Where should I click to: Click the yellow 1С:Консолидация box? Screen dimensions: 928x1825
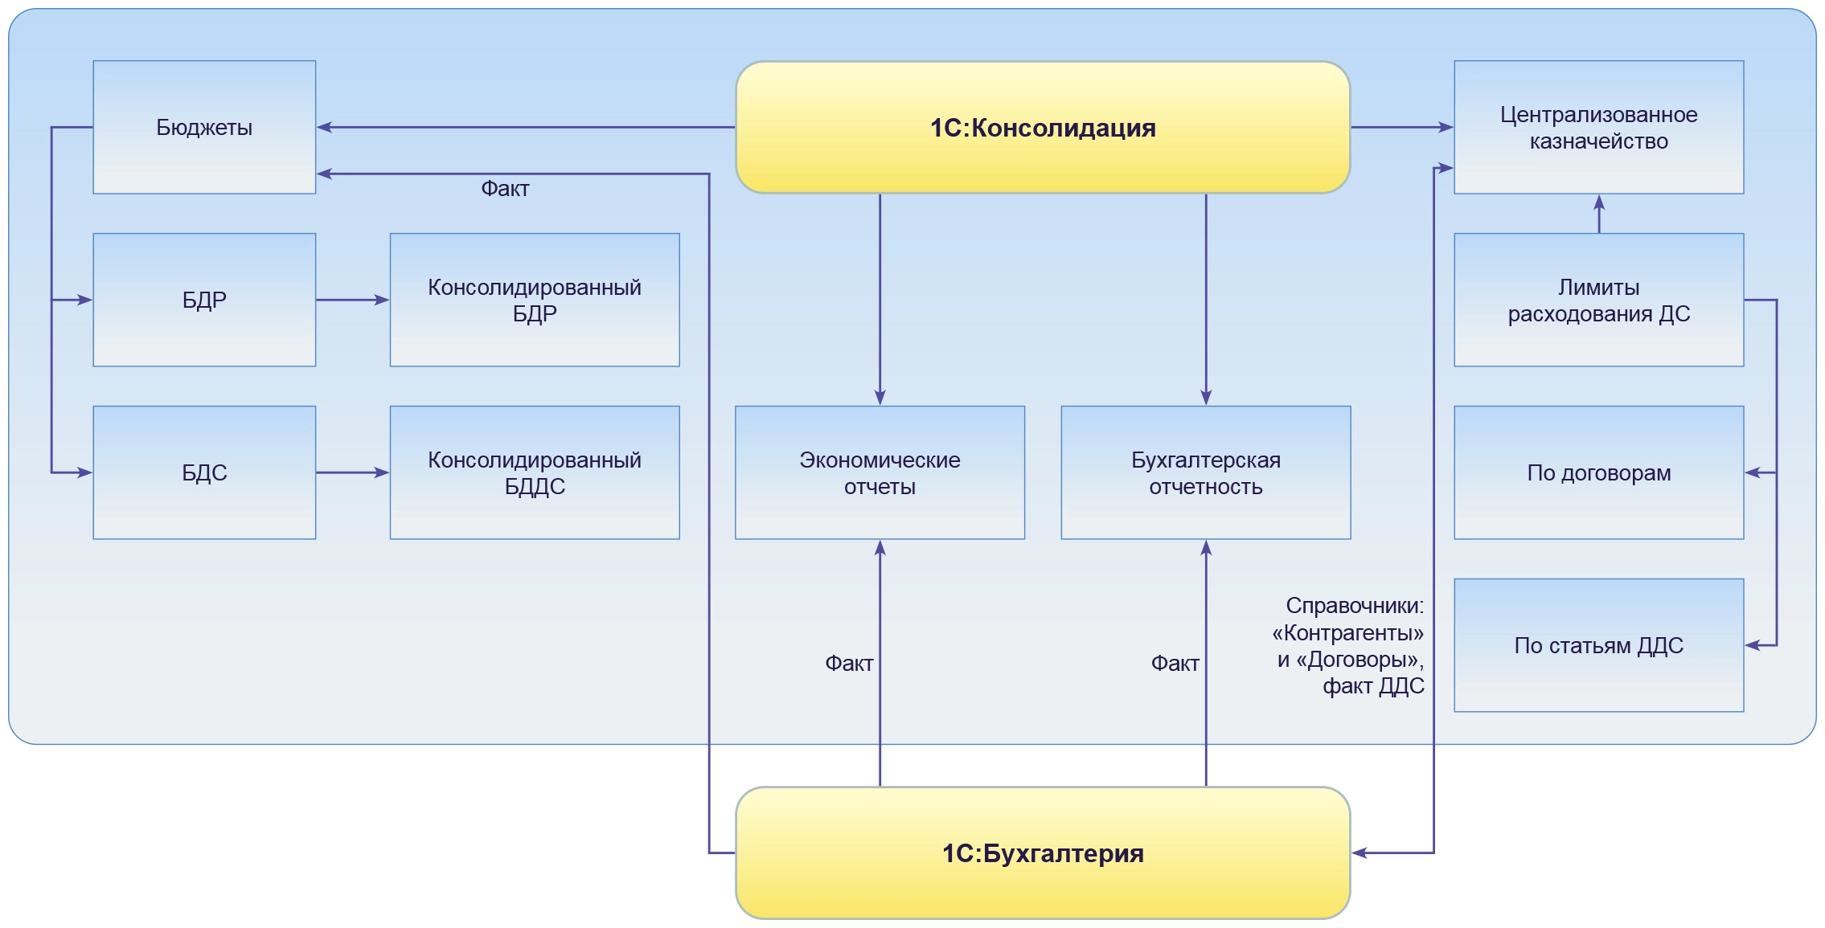[x=1042, y=127]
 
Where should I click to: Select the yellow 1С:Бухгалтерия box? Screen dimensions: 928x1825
[x=1042, y=852]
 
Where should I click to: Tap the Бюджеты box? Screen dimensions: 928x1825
[x=204, y=127]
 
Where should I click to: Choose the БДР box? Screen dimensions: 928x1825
[x=204, y=300]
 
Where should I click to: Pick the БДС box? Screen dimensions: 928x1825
[x=204, y=472]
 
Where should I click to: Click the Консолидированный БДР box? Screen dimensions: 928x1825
[x=535, y=300]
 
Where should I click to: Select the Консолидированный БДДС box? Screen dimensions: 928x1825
[x=535, y=472]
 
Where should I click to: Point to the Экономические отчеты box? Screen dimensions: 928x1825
[x=880, y=472]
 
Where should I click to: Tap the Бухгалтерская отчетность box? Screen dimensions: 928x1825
[x=1205, y=472]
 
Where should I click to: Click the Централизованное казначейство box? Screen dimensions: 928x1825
[x=1598, y=127]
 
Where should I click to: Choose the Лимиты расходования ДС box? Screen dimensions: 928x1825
[x=1598, y=300]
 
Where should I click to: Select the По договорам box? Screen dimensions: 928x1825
[x=1598, y=472]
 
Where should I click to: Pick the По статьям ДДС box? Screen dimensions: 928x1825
[x=1598, y=645]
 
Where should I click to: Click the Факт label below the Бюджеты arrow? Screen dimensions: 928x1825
[x=505, y=189]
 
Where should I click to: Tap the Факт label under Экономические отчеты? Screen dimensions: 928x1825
[x=849, y=664]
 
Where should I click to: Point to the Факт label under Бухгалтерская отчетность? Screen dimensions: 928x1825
[x=1175, y=664]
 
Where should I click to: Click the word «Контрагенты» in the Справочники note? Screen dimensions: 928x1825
[x=1347, y=633]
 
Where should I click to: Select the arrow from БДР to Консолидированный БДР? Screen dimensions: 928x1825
[x=352, y=300]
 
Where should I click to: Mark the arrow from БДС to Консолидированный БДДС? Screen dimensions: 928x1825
[x=352, y=472]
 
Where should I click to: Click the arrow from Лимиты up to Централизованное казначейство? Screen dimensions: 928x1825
[x=1598, y=214]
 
